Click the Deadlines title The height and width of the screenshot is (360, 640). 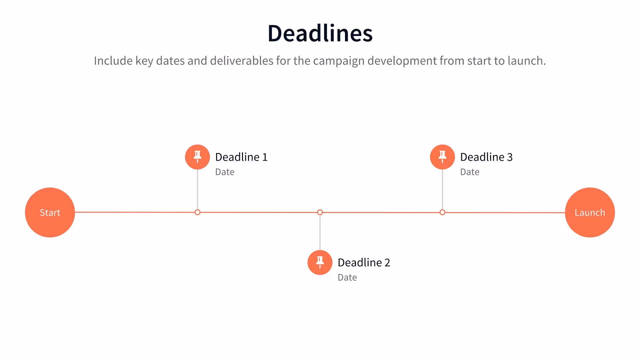[x=320, y=33]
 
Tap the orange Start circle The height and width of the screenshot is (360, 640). [x=50, y=212]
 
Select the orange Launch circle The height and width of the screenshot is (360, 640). [x=590, y=212]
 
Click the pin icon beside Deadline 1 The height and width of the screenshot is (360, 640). [x=197, y=157]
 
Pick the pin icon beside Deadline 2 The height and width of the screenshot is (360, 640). [x=320, y=262]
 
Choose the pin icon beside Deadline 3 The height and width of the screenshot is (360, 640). [x=442, y=157]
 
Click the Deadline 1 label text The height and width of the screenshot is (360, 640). [x=241, y=157]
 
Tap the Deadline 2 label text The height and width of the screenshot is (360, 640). [x=364, y=263]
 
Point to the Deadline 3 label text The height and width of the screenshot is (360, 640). [x=486, y=157]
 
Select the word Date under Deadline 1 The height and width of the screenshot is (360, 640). [x=225, y=172]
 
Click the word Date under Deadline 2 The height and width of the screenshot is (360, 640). [x=347, y=278]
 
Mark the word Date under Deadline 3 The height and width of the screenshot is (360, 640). [x=470, y=172]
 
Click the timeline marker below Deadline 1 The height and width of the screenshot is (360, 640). [x=197, y=212]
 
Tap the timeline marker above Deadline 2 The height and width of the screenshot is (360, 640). [x=320, y=212]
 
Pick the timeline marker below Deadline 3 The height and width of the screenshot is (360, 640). [x=442, y=212]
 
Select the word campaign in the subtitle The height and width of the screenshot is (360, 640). [x=339, y=61]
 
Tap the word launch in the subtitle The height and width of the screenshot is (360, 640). [x=526, y=61]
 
